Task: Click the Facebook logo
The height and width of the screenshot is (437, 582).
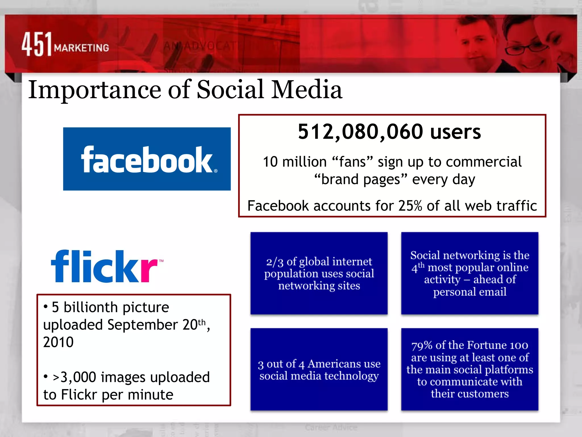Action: point(147,159)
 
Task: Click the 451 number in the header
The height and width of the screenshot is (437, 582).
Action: point(37,44)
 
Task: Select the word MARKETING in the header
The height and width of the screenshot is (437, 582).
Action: point(82,48)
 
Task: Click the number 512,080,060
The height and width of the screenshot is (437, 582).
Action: point(361,132)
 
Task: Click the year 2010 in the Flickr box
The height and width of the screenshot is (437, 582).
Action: point(58,342)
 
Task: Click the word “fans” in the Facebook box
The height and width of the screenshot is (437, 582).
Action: point(352,162)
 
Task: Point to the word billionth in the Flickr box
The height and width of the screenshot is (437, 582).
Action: point(90,307)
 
